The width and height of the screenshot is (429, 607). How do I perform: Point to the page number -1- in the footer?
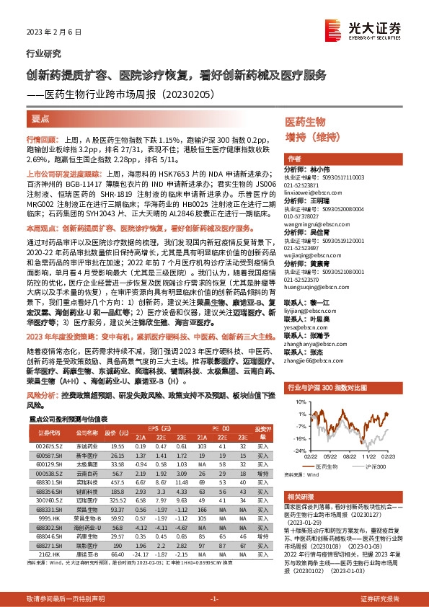[213, 599]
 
